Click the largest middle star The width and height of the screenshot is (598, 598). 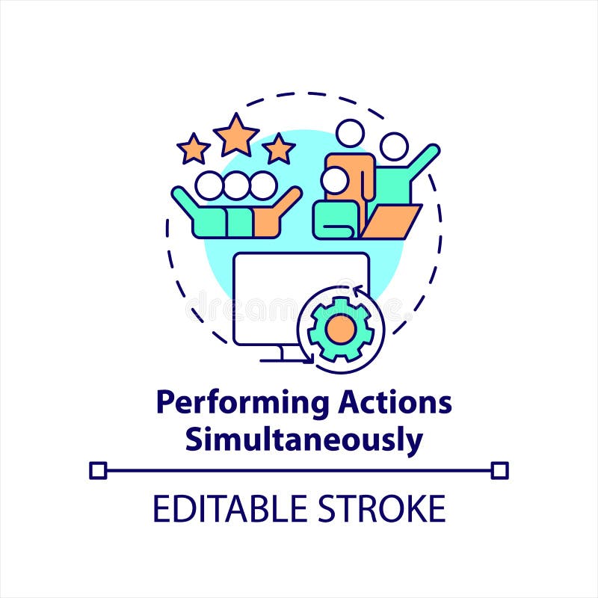[x=236, y=135]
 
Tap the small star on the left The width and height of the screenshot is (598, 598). [x=194, y=149]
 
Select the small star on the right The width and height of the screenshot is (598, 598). [x=279, y=149]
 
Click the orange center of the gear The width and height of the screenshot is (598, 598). [x=341, y=329]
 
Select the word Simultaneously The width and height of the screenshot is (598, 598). [x=303, y=440]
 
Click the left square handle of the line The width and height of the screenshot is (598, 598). [x=98, y=470]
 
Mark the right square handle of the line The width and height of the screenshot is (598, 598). [x=500, y=470]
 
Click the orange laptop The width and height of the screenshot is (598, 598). [x=391, y=221]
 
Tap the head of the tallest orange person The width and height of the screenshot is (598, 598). [x=349, y=134]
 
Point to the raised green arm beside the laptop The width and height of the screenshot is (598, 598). [x=420, y=161]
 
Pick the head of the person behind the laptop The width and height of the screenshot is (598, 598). [x=393, y=147]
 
